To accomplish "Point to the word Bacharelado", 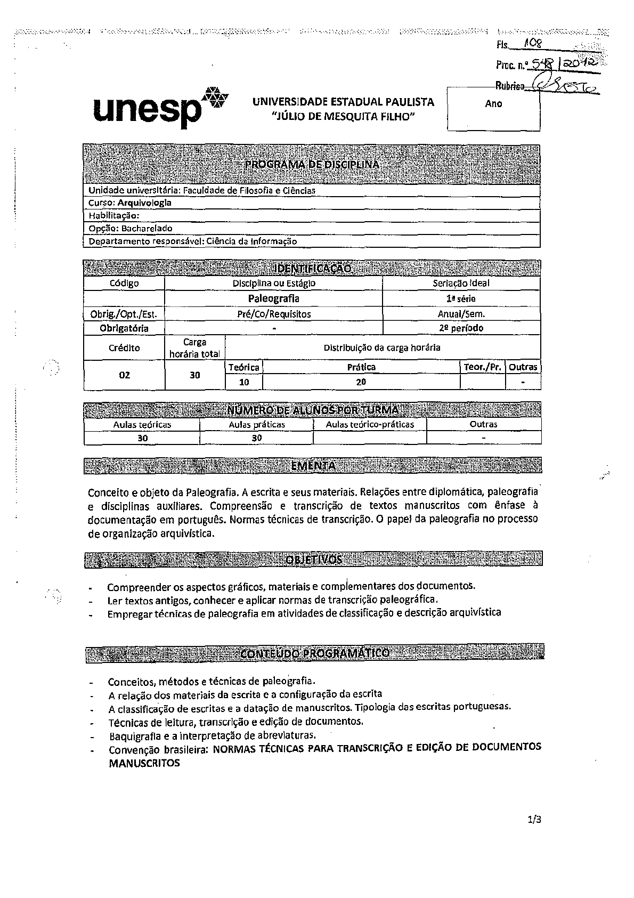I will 147,228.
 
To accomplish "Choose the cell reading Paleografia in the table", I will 273,298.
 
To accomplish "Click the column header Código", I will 124,284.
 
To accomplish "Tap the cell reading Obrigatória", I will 124,328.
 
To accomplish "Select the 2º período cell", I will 461,328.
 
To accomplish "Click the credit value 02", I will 124,375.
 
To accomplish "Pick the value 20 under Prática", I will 361,382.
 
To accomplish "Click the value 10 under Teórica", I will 243,382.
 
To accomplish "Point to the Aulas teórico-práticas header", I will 370,424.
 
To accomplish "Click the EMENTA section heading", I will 313,465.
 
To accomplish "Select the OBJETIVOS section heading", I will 313,559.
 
